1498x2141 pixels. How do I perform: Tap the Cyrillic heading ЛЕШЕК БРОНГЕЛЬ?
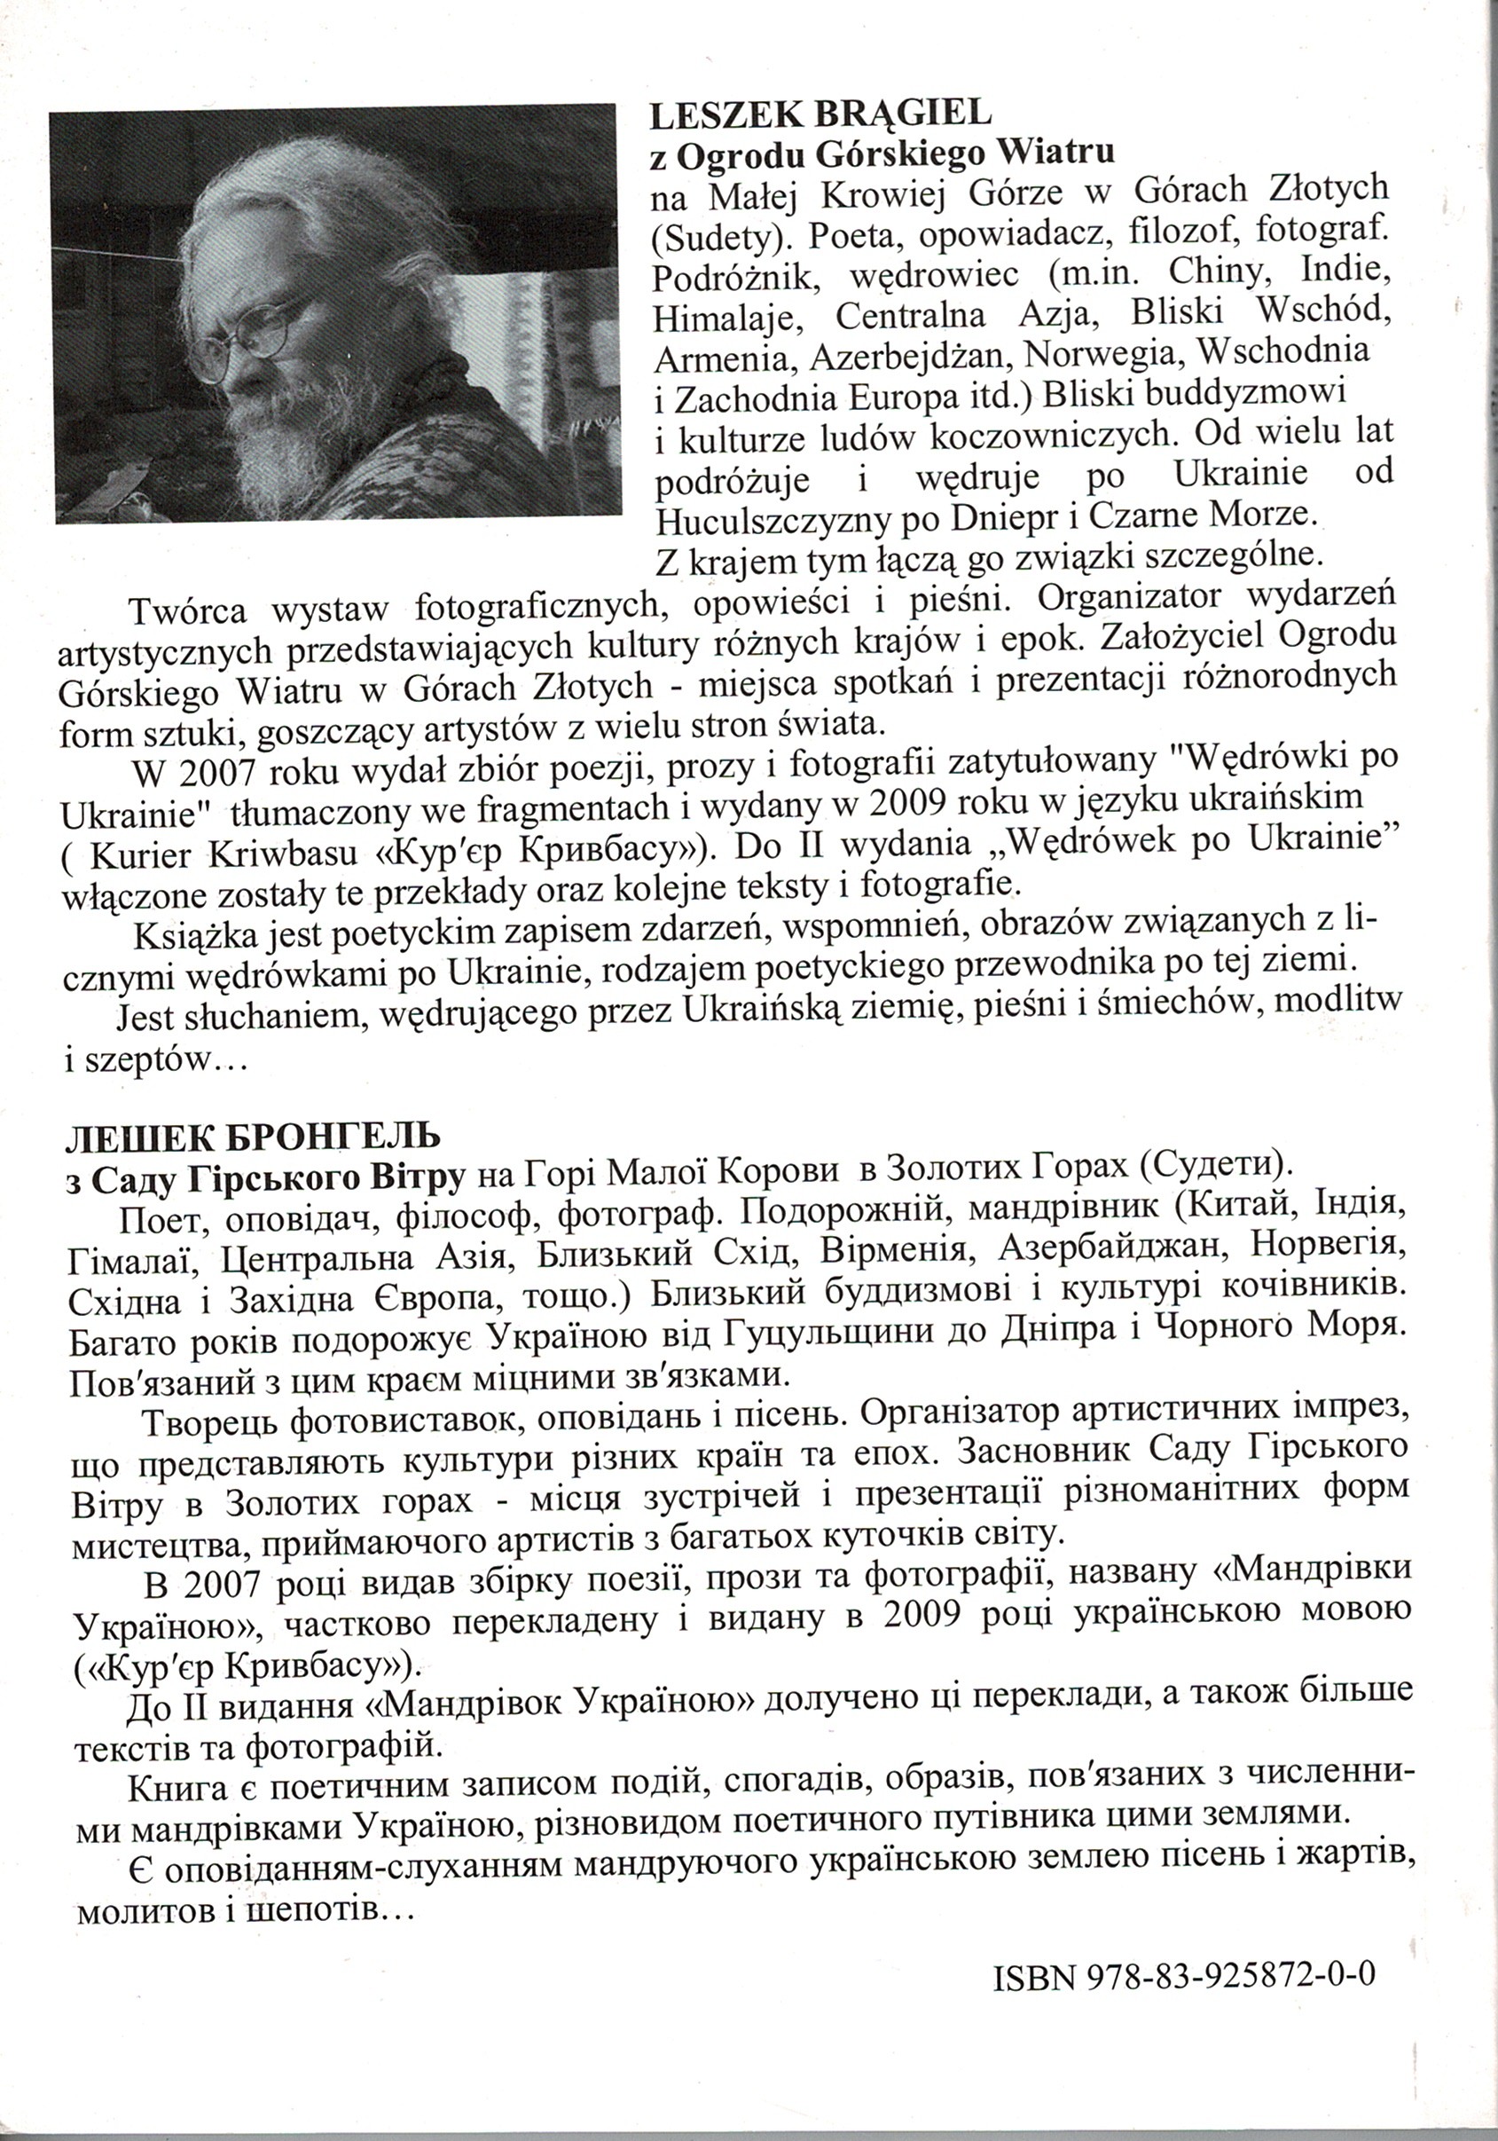[251, 1137]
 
